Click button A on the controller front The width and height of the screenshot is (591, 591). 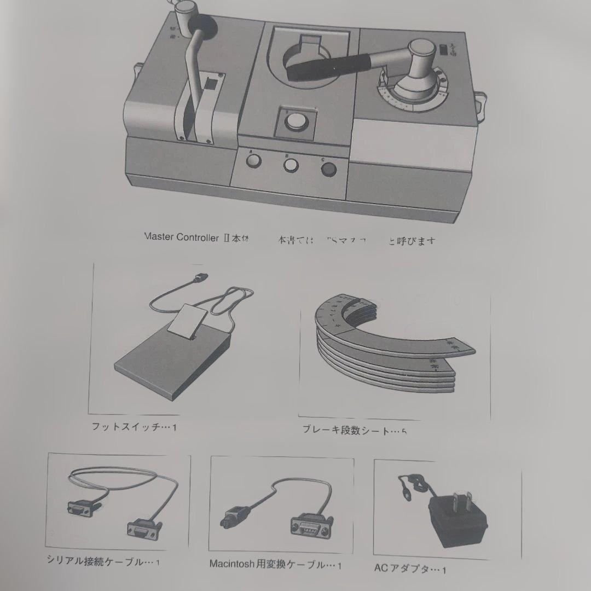[252, 160]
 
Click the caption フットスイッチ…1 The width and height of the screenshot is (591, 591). [135, 427]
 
